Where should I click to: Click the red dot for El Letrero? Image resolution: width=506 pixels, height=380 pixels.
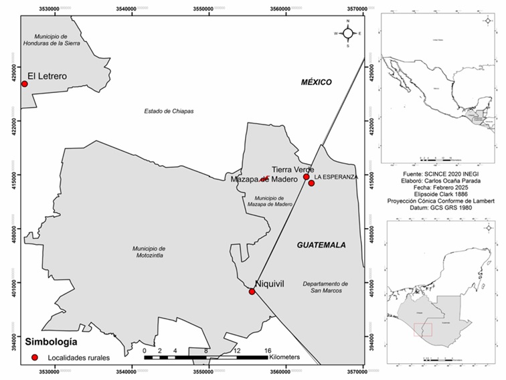click(x=25, y=84)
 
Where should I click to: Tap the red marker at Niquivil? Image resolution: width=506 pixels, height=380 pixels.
click(x=252, y=292)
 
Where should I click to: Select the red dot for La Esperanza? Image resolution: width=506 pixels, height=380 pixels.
click(x=311, y=183)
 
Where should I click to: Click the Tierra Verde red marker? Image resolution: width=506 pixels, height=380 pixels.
click(x=307, y=177)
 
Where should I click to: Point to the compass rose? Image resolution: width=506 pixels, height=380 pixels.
click(x=348, y=33)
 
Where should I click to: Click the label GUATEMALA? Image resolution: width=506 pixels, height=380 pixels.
click(x=321, y=246)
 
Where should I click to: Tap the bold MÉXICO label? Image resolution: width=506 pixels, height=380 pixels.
click(x=316, y=82)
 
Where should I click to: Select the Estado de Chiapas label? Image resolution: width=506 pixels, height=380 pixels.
click(x=169, y=111)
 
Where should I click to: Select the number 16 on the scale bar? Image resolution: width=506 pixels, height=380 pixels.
click(x=267, y=351)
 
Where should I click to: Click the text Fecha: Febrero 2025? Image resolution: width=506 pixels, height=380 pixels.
click(x=438, y=187)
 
